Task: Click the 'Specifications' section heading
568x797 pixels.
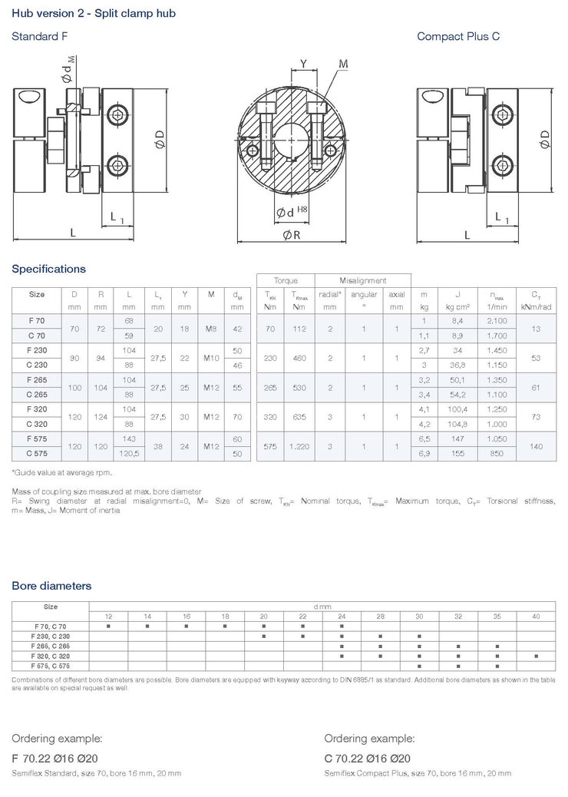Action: click(48, 269)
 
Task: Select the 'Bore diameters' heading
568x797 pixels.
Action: click(51, 586)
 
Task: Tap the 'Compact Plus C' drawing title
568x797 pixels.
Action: click(458, 36)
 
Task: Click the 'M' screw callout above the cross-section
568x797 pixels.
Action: click(343, 64)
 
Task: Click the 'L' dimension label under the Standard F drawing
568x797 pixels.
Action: click(73, 232)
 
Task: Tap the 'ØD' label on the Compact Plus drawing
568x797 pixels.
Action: click(545, 140)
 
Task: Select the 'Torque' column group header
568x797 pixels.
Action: click(286, 280)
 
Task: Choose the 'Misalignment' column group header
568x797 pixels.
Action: click(363, 280)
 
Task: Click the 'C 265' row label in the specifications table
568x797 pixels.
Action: click(36, 394)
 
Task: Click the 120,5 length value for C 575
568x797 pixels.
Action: click(129, 454)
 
